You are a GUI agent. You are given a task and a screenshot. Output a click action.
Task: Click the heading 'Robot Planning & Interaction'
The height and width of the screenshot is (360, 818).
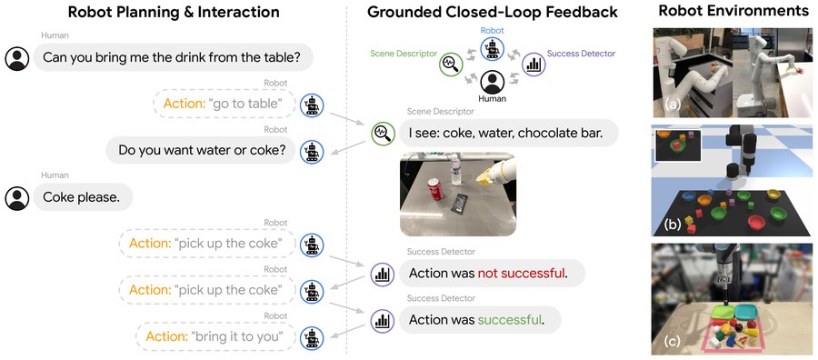[175, 12]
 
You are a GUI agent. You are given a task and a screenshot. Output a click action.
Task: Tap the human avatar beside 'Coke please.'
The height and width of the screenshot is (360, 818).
[17, 198]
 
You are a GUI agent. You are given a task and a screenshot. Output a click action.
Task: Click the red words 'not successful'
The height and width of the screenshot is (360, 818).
[521, 273]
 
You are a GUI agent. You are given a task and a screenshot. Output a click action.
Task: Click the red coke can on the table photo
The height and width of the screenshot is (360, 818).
[435, 188]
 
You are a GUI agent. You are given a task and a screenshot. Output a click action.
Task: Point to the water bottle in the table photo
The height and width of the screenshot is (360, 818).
[456, 170]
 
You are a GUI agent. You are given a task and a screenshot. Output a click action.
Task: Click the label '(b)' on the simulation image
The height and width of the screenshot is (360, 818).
[672, 225]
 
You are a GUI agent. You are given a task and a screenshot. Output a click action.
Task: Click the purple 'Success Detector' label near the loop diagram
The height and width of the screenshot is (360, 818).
[581, 54]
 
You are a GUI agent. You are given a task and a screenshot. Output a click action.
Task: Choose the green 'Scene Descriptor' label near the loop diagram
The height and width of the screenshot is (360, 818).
[404, 54]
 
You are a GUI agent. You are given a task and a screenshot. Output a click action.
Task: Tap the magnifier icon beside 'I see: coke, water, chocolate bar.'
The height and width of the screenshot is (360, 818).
[383, 133]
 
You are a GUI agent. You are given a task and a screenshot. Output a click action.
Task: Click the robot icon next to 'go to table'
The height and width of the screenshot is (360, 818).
[312, 105]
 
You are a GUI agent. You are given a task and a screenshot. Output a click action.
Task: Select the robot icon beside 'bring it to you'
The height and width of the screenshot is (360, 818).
[312, 337]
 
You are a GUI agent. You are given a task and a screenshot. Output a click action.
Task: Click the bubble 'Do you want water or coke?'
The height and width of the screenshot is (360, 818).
[202, 150]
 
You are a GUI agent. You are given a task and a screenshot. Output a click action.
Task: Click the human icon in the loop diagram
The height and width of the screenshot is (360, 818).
[492, 81]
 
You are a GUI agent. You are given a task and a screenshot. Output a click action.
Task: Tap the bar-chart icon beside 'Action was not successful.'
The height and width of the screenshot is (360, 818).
[383, 274]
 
